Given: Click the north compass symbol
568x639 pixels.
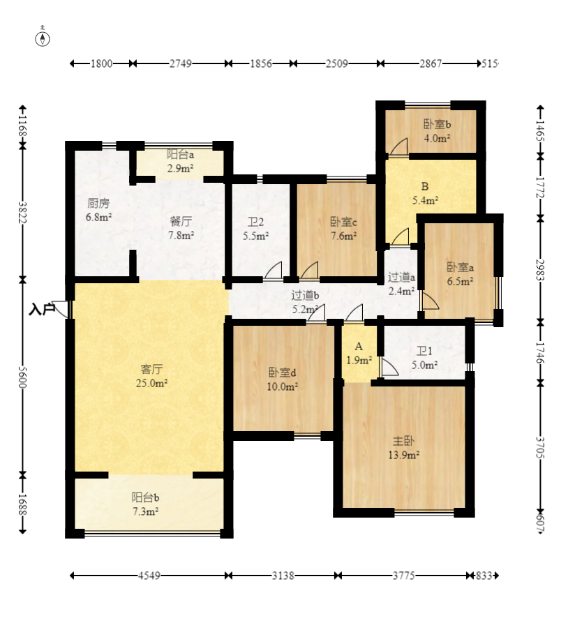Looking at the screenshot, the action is coord(43,37).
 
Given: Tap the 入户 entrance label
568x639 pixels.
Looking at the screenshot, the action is coord(42,309).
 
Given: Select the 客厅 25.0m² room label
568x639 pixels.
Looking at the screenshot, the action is coord(151,376).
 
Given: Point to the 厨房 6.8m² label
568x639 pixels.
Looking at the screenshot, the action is coord(98,210).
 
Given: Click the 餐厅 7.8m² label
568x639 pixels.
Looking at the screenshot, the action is coord(181,228).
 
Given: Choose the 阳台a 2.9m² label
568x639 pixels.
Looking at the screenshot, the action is coord(180,161).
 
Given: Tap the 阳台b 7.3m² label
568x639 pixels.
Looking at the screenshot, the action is coord(145,504).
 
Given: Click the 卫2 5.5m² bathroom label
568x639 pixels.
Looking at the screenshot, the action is coord(255,229).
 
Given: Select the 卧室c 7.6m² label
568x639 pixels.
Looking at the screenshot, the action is coord(344,229).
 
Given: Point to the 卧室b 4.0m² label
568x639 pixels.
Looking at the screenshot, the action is coord(437,131).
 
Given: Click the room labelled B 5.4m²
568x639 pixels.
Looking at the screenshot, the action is coord(425,193).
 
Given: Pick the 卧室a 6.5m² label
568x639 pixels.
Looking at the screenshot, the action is coord(461,274).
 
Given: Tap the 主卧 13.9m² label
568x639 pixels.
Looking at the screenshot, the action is coord(404,447).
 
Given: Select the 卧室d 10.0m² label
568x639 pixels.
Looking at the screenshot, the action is coord(282,379).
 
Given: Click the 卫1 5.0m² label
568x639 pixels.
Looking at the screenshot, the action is coord(424,357).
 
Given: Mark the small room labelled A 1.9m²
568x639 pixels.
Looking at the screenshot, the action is coord(359,353).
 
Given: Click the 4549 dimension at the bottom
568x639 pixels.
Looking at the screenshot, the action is coord(149,576).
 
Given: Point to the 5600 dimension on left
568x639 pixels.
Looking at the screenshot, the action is coord(23,378).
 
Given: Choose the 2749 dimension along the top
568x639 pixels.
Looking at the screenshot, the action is coord(180,63).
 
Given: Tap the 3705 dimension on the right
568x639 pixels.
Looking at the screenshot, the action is coord(540,447).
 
